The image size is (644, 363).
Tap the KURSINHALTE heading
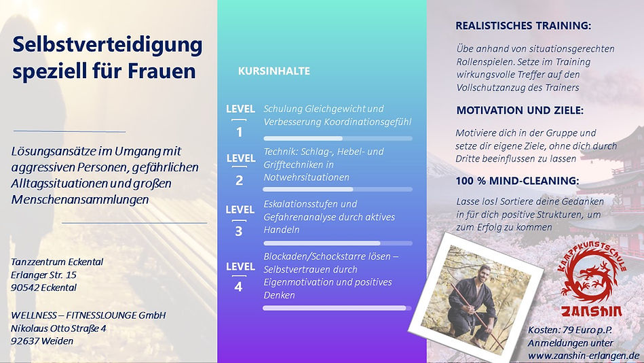click(274, 71)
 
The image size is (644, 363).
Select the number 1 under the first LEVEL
click(239, 132)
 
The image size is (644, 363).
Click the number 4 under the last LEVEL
click(238, 286)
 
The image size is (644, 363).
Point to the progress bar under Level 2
click(337, 190)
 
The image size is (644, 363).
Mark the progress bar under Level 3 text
click(337, 243)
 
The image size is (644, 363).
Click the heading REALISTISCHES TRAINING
click(523, 26)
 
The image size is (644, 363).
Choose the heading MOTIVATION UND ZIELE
click(520, 110)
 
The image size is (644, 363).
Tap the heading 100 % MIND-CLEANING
click(518, 181)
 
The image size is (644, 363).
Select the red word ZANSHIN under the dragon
click(592, 311)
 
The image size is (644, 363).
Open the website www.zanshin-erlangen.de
click(584, 356)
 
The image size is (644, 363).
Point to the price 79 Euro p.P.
click(586, 330)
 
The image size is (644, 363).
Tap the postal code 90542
click(23, 288)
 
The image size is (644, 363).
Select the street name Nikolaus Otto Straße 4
click(58, 328)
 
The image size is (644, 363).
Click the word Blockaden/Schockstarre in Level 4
click(326, 256)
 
